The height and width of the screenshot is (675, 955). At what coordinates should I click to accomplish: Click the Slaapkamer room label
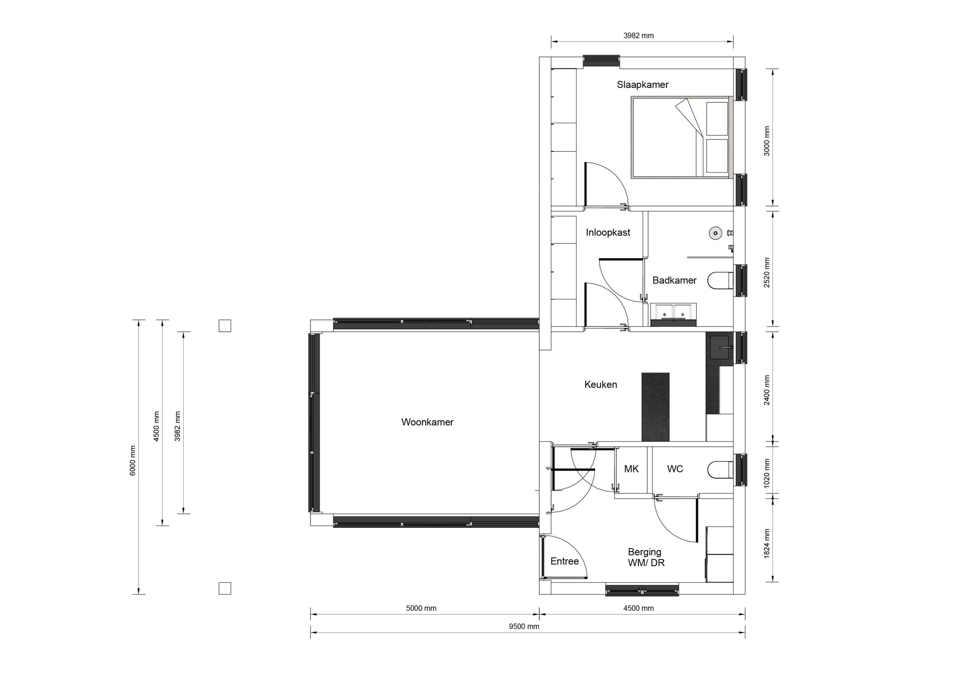[642, 85]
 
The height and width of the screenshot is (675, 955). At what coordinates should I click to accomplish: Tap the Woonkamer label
[427, 422]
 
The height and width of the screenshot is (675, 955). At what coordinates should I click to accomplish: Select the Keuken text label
[600, 385]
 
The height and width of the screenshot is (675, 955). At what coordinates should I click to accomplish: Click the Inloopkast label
[608, 232]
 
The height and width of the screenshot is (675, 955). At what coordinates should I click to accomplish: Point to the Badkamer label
[674, 280]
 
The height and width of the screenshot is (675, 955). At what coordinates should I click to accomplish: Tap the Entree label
[564, 562]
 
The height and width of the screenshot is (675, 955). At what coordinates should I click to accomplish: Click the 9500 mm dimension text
[524, 627]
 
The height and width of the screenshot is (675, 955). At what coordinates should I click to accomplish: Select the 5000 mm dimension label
[421, 609]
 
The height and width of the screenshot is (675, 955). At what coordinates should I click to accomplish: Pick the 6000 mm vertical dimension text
[133, 461]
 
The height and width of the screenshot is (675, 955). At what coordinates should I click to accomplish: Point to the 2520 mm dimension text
[767, 272]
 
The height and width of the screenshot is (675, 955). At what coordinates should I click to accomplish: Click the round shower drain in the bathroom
[715, 233]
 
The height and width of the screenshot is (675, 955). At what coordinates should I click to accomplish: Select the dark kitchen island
[655, 407]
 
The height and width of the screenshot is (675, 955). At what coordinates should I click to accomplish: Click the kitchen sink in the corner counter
[720, 347]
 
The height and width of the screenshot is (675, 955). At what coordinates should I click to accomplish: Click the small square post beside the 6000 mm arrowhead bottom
[225, 588]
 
